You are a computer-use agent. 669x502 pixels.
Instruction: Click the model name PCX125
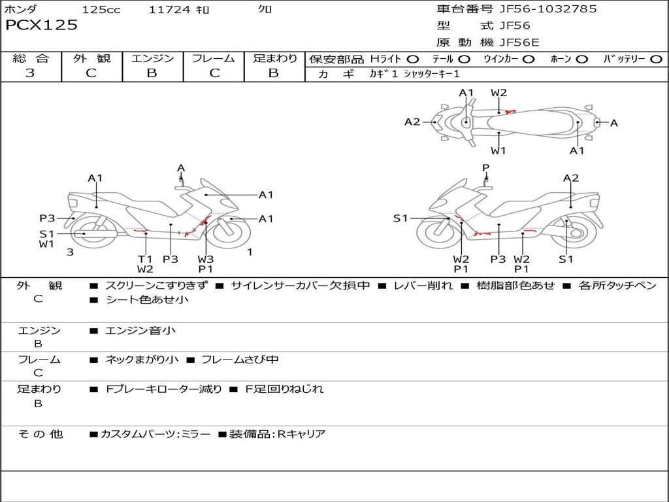tap(41, 25)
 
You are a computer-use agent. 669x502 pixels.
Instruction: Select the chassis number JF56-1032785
tap(548, 9)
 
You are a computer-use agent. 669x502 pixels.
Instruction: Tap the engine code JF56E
tap(519, 42)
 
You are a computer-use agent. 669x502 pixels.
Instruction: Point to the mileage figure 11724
tap(169, 9)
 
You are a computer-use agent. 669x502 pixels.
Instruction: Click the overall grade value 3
tap(30, 73)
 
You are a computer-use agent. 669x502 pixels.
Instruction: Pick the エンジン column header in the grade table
tap(152, 58)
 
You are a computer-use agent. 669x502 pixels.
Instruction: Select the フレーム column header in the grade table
tap(214, 58)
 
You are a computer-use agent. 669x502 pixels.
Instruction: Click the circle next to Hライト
tap(413, 59)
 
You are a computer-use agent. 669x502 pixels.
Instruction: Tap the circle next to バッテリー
tap(656, 59)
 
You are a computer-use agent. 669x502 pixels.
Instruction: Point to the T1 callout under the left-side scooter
tap(145, 259)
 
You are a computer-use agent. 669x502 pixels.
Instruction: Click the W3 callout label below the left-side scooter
tap(206, 259)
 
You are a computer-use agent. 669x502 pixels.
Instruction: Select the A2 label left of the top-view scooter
tap(412, 122)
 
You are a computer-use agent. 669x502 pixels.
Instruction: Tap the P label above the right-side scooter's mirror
tap(485, 168)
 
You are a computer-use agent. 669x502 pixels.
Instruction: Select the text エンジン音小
tap(140, 330)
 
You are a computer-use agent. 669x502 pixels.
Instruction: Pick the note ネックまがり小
tap(142, 360)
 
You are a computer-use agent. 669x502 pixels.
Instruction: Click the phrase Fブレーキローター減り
tap(164, 389)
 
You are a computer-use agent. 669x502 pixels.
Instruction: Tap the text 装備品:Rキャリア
tap(277, 434)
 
